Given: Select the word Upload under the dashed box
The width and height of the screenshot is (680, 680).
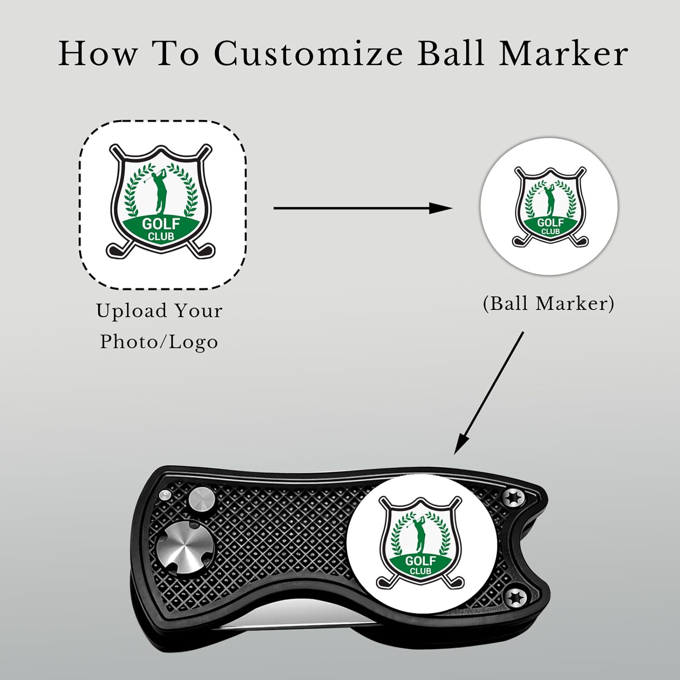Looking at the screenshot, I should click(131, 311).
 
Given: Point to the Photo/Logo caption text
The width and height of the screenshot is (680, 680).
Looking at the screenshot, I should click(159, 342).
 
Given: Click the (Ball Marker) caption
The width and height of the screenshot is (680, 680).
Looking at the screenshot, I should click(549, 303).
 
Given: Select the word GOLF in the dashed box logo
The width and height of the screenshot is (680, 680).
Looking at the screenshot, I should click(161, 224).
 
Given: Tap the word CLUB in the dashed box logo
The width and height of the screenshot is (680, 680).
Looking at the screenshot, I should click(161, 236).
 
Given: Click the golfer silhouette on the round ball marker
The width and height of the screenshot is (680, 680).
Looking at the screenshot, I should click(550, 200).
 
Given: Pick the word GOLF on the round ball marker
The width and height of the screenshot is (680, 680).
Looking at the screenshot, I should click(550, 223).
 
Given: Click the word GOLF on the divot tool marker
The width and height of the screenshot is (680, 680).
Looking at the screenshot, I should click(420, 561).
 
